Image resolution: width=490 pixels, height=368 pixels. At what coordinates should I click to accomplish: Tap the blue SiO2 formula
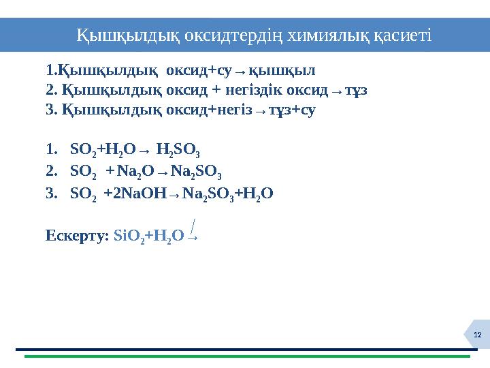(x=126, y=236)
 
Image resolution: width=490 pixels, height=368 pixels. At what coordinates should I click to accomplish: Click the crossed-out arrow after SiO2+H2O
(x=193, y=234)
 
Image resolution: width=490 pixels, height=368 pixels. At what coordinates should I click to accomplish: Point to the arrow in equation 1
(x=144, y=150)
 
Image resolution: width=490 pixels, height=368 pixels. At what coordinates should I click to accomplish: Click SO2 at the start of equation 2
(x=82, y=170)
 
